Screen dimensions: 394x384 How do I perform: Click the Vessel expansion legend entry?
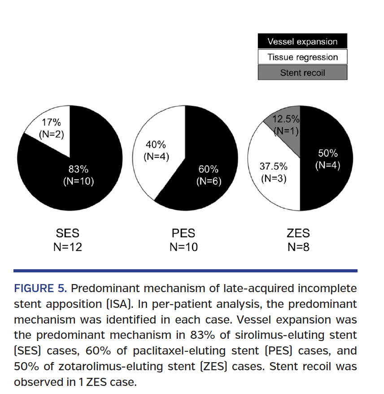(302, 42)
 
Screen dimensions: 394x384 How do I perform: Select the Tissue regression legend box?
(302, 57)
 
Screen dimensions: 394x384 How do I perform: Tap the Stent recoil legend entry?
(302, 72)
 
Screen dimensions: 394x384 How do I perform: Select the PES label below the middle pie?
(183, 233)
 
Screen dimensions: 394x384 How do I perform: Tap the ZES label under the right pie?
(298, 233)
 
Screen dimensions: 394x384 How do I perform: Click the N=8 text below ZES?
(298, 247)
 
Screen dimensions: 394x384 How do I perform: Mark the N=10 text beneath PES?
(183, 247)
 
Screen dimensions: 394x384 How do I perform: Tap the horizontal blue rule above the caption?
(185, 271)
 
